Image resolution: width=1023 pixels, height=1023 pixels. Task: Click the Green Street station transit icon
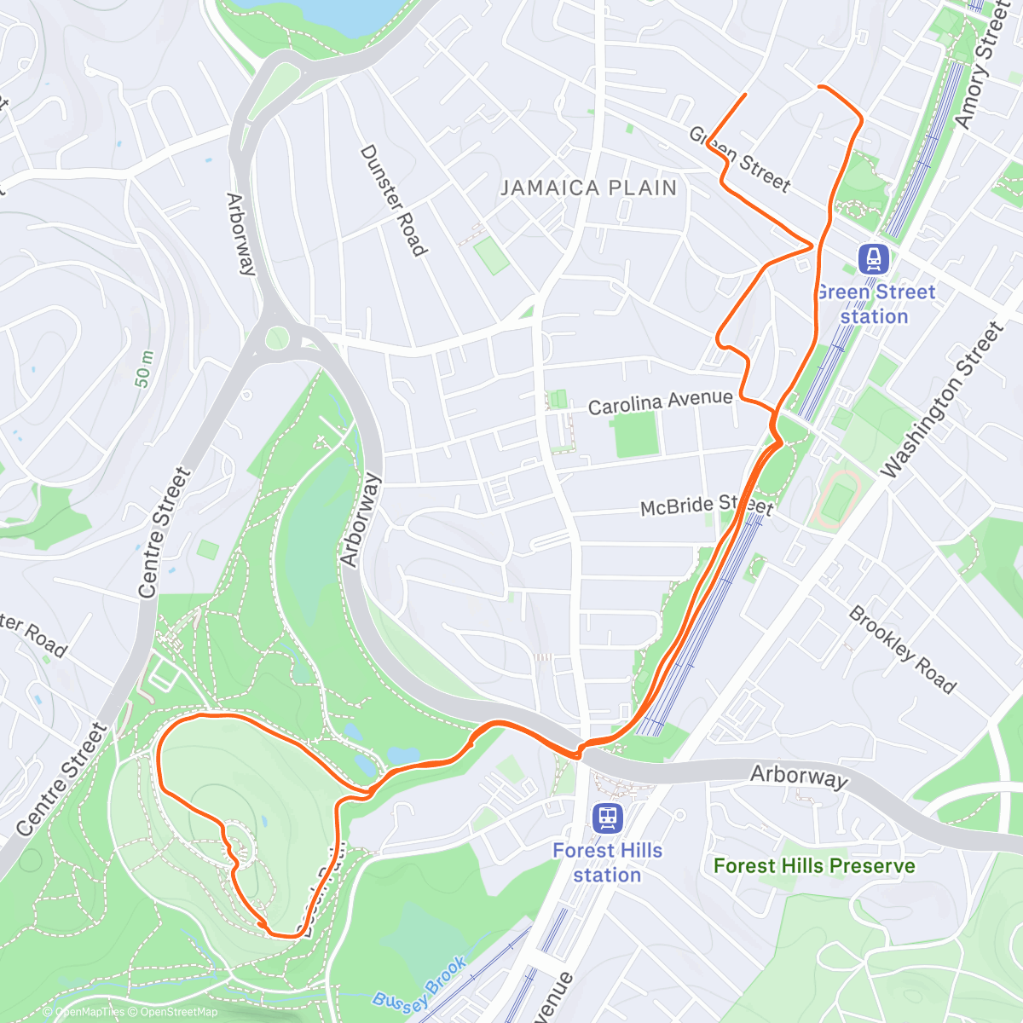[x=874, y=257]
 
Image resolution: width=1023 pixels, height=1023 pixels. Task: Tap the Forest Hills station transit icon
[x=607, y=818]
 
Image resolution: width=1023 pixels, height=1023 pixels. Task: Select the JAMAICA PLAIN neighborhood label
[x=588, y=188]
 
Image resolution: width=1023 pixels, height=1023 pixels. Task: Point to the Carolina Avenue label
[x=660, y=402]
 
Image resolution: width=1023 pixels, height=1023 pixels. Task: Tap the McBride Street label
[x=707, y=506]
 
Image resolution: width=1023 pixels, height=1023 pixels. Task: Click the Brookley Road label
[x=902, y=650]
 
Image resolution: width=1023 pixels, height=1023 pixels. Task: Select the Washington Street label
[x=942, y=401]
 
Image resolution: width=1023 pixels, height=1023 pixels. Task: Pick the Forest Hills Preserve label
[x=814, y=866]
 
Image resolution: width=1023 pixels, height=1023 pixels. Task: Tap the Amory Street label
[x=988, y=66]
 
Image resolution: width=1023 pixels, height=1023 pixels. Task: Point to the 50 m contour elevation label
[x=144, y=368]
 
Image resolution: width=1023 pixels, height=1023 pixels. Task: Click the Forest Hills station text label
[x=607, y=863]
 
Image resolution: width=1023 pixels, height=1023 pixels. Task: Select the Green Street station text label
[x=875, y=304]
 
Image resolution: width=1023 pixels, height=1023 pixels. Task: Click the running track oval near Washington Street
[x=839, y=500]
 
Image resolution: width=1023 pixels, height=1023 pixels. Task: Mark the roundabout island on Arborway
[x=277, y=338]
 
